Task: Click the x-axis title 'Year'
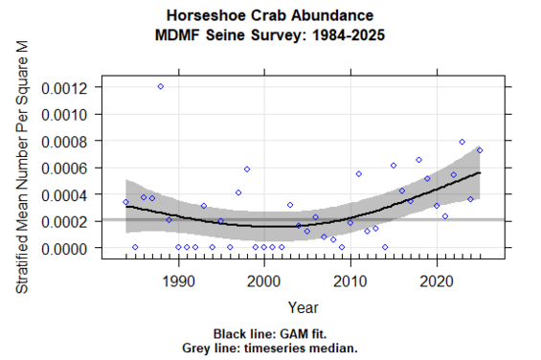tap(304, 307)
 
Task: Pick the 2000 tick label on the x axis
tap(264, 282)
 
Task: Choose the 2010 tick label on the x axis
tap(350, 282)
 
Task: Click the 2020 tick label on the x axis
tap(437, 282)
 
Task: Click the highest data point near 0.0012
tap(161, 86)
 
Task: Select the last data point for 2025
tap(480, 150)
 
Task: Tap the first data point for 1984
tap(126, 202)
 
